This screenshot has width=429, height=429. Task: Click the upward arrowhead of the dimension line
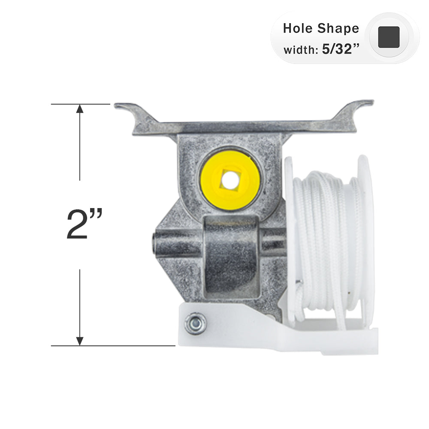click(x=80, y=109)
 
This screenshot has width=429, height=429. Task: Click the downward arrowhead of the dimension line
click(x=80, y=340)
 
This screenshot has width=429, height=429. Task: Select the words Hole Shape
click(x=321, y=28)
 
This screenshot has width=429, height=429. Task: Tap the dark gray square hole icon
click(x=389, y=37)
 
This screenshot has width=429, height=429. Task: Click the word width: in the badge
click(x=299, y=49)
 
